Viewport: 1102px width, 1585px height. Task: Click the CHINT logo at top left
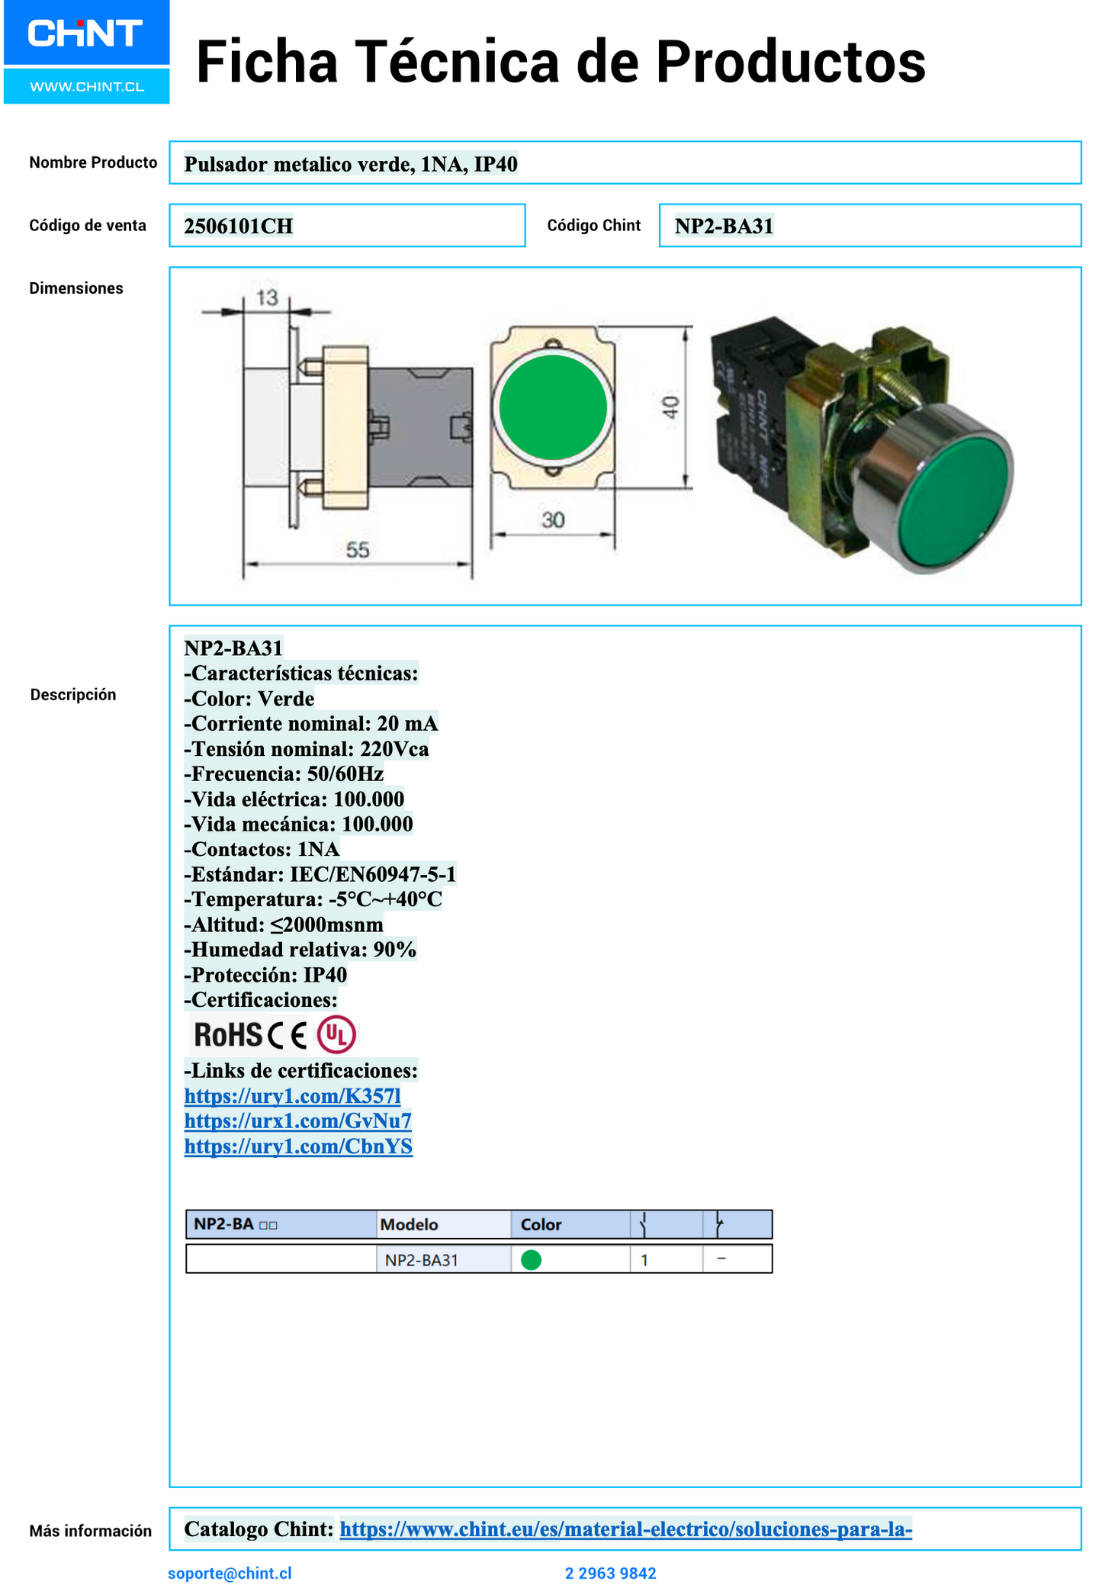coord(85,34)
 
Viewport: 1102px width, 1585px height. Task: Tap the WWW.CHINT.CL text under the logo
coord(87,87)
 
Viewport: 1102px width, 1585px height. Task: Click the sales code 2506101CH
coord(239,227)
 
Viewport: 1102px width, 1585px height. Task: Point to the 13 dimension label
coord(267,297)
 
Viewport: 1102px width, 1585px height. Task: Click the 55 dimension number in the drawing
coord(357,549)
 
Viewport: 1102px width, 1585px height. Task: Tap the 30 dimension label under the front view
coord(553,520)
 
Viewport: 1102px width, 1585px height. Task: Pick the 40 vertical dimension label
coord(670,407)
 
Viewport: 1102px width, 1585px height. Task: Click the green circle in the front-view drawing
coord(553,407)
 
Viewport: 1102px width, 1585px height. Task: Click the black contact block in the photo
coord(751,427)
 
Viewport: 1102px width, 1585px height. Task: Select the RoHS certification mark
coord(228,1035)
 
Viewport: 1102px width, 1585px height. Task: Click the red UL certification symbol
coord(336,1034)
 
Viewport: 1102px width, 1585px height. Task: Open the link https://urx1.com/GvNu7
coord(297,1120)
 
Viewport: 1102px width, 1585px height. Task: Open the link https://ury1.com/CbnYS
coord(298,1146)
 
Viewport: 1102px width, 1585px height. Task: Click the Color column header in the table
coord(541,1224)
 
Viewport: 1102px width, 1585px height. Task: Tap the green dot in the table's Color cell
coord(531,1260)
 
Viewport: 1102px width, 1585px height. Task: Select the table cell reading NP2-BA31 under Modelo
coord(421,1260)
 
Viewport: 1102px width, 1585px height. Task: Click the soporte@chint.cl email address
coord(230,1573)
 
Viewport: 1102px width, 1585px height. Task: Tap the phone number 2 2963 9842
coord(610,1573)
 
